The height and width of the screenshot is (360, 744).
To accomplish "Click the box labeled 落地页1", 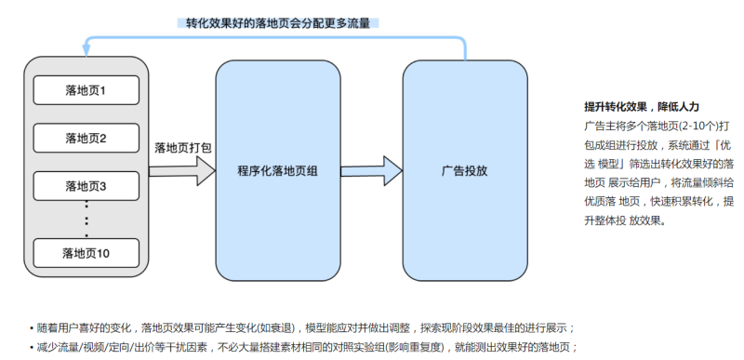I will pyautogui.click(x=86, y=90).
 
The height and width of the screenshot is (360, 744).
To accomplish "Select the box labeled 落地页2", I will pyautogui.click(x=86, y=139).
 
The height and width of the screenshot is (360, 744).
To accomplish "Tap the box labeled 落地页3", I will pyautogui.click(x=86, y=186).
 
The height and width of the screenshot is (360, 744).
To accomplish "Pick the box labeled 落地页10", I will pyautogui.click(x=86, y=252).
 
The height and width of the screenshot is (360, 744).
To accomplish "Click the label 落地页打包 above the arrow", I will pyautogui.click(x=182, y=147).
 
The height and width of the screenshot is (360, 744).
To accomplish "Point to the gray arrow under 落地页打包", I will pyautogui.click(x=181, y=171).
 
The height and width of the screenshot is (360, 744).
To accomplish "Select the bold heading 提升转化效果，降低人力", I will pyautogui.click(x=641, y=107).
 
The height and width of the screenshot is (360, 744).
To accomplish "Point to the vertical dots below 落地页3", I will pyautogui.click(x=86, y=212).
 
